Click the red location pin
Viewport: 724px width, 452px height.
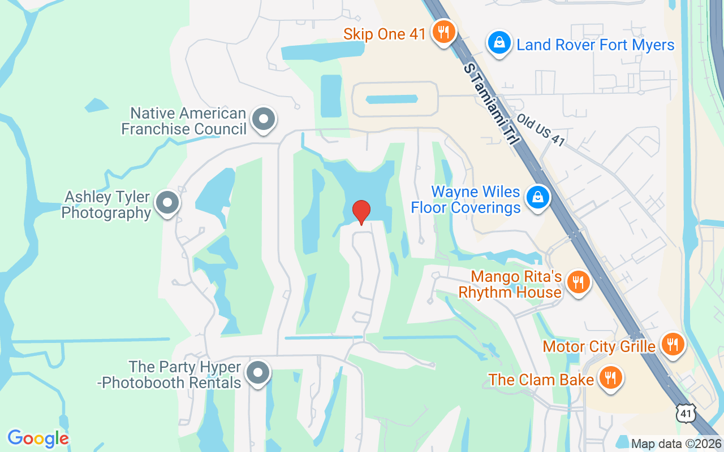click(361, 212)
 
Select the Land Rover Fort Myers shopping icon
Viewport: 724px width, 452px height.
click(499, 43)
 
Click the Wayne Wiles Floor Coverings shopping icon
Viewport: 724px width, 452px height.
click(538, 198)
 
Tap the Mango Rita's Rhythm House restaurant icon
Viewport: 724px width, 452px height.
click(578, 282)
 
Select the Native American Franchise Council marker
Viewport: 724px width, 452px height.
click(263, 120)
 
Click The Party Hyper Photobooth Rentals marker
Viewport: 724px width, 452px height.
click(258, 373)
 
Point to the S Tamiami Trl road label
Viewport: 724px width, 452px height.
click(490, 104)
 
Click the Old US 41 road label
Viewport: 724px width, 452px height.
click(540, 130)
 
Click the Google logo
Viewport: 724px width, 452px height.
click(38, 438)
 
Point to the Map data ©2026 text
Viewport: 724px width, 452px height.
click(676, 444)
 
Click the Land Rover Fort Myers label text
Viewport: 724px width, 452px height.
click(596, 45)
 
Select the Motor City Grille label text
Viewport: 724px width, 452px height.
click(599, 346)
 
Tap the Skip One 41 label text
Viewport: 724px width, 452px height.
click(385, 34)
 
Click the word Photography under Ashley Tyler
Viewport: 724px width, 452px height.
click(106, 213)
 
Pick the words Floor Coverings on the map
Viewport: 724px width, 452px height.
click(466, 207)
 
